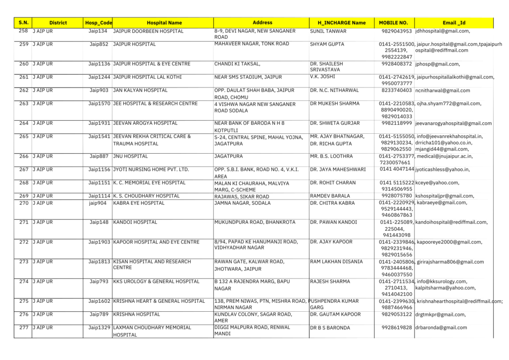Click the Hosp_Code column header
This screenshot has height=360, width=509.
click(98, 23)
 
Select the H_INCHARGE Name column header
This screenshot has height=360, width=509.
click(341, 23)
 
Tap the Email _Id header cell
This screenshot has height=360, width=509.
click(454, 23)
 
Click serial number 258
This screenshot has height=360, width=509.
click(23, 31)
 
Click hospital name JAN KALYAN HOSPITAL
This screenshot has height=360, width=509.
click(141, 90)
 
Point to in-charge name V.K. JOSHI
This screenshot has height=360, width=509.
click(322, 77)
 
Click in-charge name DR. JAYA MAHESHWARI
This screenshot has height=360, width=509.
click(338, 170)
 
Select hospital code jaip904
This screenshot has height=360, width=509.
click(98, 203)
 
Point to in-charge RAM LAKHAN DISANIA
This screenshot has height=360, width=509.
click(336, 262)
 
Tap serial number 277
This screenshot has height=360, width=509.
click(23, 328)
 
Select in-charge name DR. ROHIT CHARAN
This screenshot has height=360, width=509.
click(333, 182)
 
